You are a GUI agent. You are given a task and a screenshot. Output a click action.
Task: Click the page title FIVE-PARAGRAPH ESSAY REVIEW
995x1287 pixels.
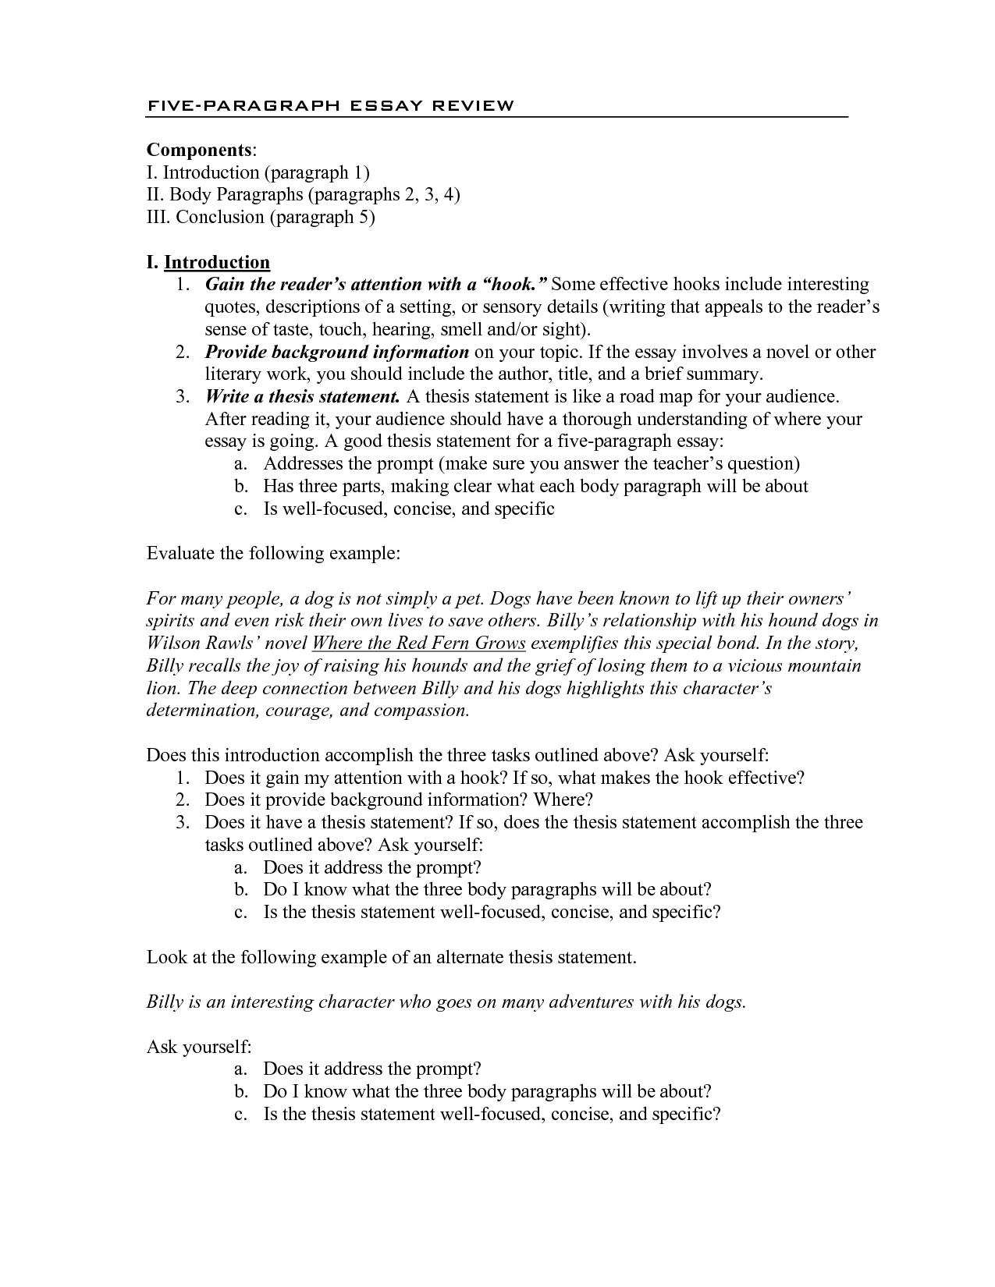pyautogui.click(x=330, y=105)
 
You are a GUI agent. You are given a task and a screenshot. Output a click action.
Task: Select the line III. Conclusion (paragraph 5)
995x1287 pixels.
pyautogui.click(x=261, y=217)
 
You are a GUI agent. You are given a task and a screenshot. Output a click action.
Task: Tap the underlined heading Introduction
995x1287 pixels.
pyautogui.click(x=217, y=262)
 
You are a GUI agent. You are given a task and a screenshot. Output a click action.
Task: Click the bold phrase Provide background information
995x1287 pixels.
pyautogui.click(x=336, y=352)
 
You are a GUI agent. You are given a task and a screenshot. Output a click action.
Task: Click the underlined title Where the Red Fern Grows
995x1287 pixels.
pyautogui.click(x=419, y=643)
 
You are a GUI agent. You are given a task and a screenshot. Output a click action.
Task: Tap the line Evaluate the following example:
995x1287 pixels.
pyautogui.click(x=273, y=554)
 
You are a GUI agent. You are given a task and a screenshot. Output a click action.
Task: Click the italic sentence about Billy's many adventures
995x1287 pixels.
pyautogui.click(x=446, y=1002)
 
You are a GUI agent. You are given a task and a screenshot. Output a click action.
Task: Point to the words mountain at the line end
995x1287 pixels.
pyautogui.click(x=824, y=665)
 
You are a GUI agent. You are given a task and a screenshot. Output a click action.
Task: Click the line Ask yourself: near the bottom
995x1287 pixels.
pyautogui.click(x=198, y=1047)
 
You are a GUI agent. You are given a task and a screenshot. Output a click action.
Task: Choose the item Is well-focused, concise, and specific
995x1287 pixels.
pyautogui.click(x=408, y=509)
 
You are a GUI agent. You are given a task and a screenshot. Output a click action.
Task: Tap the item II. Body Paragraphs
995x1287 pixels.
pyautogui.click(x=303, y=194)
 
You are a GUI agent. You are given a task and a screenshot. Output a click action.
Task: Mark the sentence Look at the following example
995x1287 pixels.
pyautogui.click(x=392, y=957)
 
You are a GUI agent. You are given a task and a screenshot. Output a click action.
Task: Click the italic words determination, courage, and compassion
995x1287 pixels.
pyautogui.click(x=308, y=711)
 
